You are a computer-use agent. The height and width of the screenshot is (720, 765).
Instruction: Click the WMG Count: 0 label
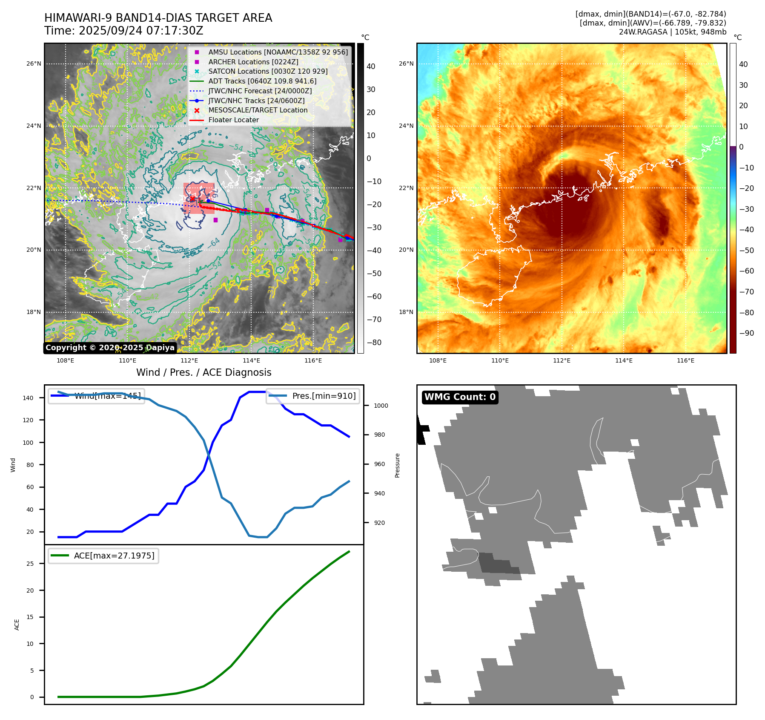click(460, 397)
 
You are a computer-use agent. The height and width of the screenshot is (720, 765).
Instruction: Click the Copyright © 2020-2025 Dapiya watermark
click(110, 348)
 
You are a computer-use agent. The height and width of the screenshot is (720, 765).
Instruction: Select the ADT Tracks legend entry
click(262, 81)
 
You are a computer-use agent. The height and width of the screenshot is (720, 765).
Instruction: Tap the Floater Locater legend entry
click(233, 120)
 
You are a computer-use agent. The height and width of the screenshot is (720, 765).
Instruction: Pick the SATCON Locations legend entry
click(268, 72)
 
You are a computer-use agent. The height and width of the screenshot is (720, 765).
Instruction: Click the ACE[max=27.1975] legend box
click(103, 556)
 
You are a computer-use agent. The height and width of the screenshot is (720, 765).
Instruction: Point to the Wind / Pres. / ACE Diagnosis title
click(203, 372)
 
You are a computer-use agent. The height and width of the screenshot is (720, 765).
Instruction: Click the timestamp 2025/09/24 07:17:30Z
click(141, 31)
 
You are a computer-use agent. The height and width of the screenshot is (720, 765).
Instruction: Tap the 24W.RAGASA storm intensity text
click(672, 32)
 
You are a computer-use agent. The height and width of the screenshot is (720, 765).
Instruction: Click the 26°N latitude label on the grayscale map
click(34, 64)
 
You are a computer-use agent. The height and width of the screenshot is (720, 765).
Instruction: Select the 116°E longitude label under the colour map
click(685, 361)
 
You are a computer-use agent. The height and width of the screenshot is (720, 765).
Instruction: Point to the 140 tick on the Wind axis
click(28, 398)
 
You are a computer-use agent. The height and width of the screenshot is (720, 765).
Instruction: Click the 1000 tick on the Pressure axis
click(381, 406)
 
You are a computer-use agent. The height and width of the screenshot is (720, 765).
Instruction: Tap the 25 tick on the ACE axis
click(30, 564)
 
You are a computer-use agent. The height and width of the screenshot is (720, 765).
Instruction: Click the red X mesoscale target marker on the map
click(192, 199)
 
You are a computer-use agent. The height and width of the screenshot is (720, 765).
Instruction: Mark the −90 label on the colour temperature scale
click(746, 333)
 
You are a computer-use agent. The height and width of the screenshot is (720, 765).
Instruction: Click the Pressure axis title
click(397, 465)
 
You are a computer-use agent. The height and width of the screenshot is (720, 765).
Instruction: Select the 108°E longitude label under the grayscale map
click(66, 361)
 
